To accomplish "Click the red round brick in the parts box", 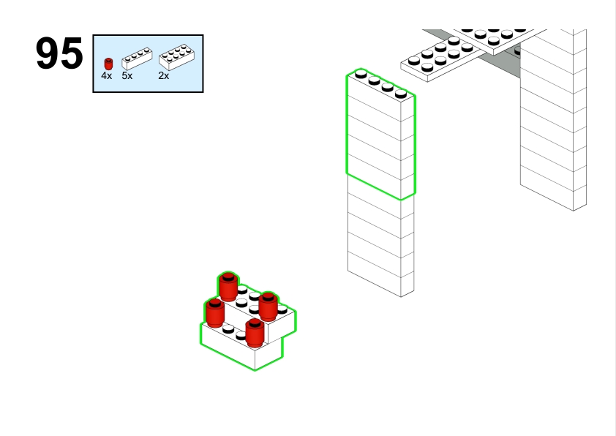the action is click(x=108, y=64).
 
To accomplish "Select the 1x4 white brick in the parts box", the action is click(x=137, y=59).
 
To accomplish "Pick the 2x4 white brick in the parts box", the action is click(x=176, y=57).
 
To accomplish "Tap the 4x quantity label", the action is click(x=107, y=76).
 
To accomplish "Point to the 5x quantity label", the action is click(x=127, y=76).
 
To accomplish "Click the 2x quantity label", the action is click(x=163, y=76).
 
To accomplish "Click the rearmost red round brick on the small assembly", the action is click(x=228, y=286).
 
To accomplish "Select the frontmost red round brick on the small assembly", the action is click(x=255, y=333).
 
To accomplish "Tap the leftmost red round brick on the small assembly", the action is click(x=215, y=312).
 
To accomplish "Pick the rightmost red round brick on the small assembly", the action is click(x=268, y=307).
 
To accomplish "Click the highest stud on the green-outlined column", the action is click(x=361, y=73).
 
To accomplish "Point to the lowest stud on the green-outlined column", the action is click(x=401, y=94).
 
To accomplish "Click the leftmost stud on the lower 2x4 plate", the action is click(x=413, y=61).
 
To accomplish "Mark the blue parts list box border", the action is click(x=148, y=35).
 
